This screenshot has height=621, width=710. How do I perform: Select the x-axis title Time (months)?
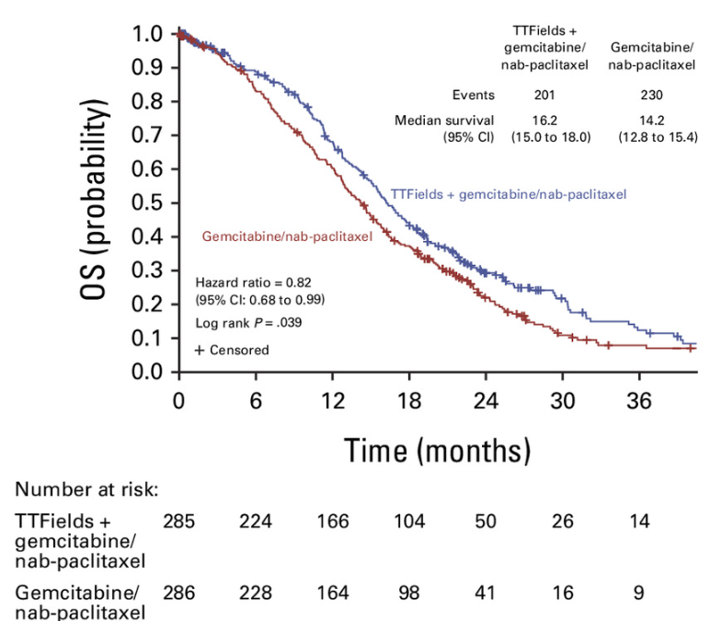(437, 450)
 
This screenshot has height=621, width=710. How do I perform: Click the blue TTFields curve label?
(509, 194)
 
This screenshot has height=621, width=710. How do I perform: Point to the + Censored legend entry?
(232, 350)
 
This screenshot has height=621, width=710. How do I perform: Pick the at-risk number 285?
(179, 522)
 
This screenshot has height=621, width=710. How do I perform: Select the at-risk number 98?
(409, 593)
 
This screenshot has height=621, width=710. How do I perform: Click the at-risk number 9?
(638, 593)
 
